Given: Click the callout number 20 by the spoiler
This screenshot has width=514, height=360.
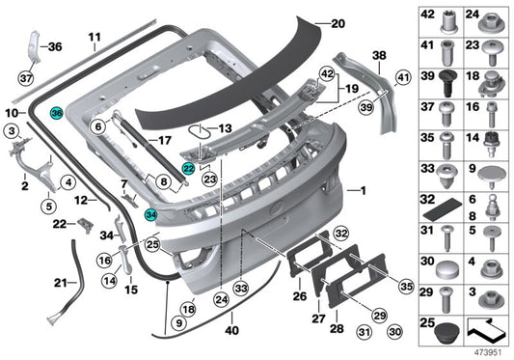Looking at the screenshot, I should [x=336, y=23].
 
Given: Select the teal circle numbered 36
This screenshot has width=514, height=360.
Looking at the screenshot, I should [x=57, y=114].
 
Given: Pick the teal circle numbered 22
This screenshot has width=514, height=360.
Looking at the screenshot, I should [x=189, y=167].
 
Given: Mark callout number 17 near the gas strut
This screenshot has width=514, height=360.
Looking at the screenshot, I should [x=164, y=140].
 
